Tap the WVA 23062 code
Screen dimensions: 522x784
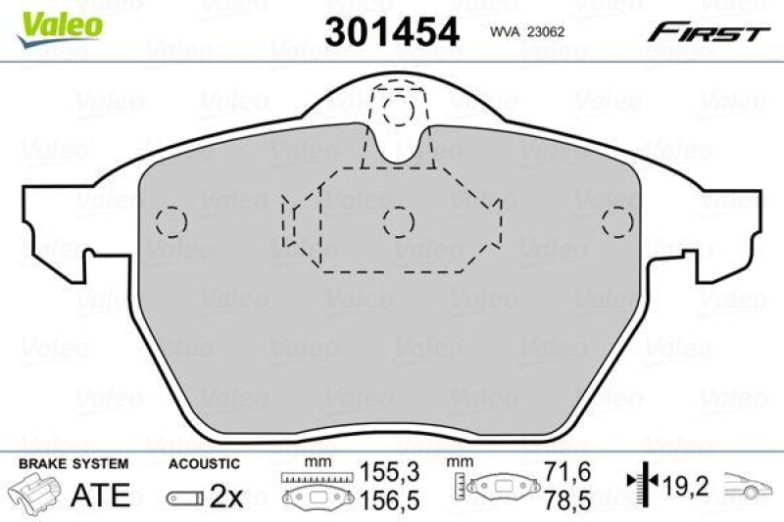[x=529, y=31]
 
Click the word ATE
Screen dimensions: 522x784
[x=102, y=495]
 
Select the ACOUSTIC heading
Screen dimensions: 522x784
[x=204, y=463]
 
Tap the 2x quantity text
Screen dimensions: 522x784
[x=227, y=497]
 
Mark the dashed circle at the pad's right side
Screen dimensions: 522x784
[x=616, y=222]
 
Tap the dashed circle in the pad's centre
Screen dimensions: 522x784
[x=398, y=222]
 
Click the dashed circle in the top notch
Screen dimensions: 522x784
[x=398, y=109]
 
